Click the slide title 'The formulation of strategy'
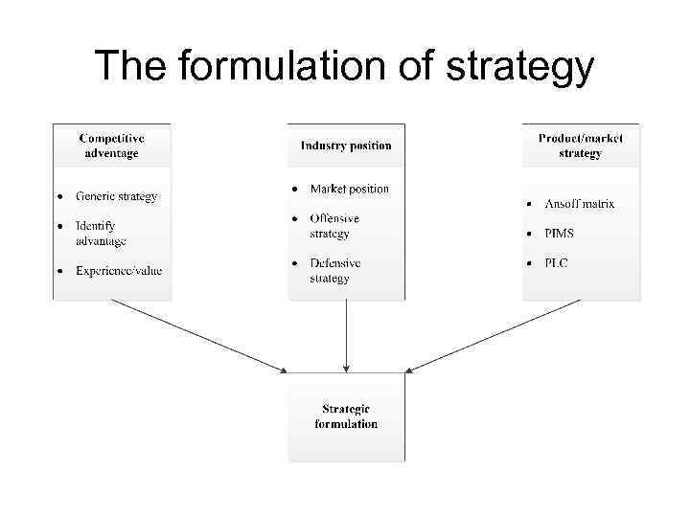click(x=344, y=66)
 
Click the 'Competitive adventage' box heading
click(x=111, y=145)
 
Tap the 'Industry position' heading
click(x=346, y=146)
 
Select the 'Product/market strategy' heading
click(x=580, y=145)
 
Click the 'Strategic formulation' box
click(x=346, y=416)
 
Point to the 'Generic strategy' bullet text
click(x=116, y=196)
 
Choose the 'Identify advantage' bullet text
click(x=101, y=233)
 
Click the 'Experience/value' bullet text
click(x=119, y=270)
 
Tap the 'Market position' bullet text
click(x=349, y=189)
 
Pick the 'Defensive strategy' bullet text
click(x=334, y=270)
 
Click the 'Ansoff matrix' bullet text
click(x=579, y=204)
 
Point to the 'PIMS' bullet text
click(x=561, y=234)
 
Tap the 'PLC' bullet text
click(x=556, y=263)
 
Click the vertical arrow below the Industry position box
click(x=346, y=335)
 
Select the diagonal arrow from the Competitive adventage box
click(x=196, y=334)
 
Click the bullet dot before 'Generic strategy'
click(x=59, y=196)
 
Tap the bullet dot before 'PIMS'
click(x=528, y=234)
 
